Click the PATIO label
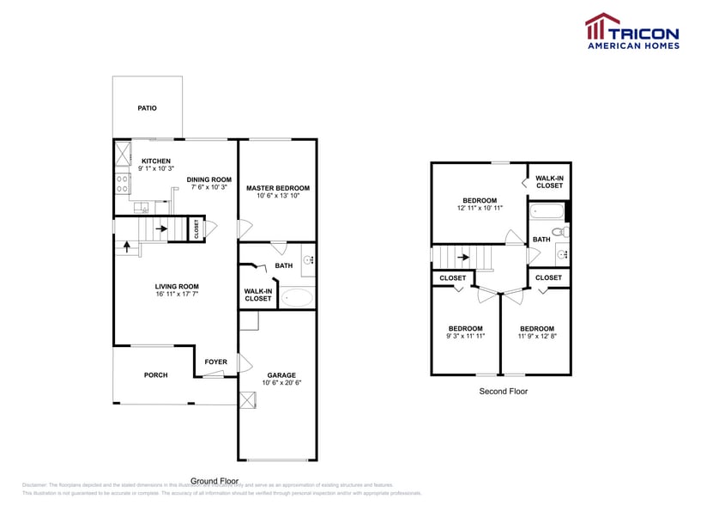tap(148, 108)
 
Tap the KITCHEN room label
tap(156, 161)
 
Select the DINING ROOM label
tap(209, 179)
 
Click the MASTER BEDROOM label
tap(277, 187)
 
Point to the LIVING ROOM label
tap(177, 287)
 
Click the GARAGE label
tap(281, 375)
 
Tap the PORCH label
tap(155, 374)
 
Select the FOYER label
tap(215, 362)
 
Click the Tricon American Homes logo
tap(632, 31)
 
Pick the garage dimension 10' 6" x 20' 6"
tap(281, 384)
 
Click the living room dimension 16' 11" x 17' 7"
tap(177, 295)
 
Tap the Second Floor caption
tap(504, 392)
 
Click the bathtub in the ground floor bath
tap(299, 298)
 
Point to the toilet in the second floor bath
tap(559, 232)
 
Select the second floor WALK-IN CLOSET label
tap(549, 182)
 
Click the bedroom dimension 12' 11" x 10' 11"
tap(480, 209)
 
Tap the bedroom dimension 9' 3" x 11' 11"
tap(465, 337)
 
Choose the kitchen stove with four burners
tap(121, 183)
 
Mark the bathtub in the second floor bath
tap(546, 211)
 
